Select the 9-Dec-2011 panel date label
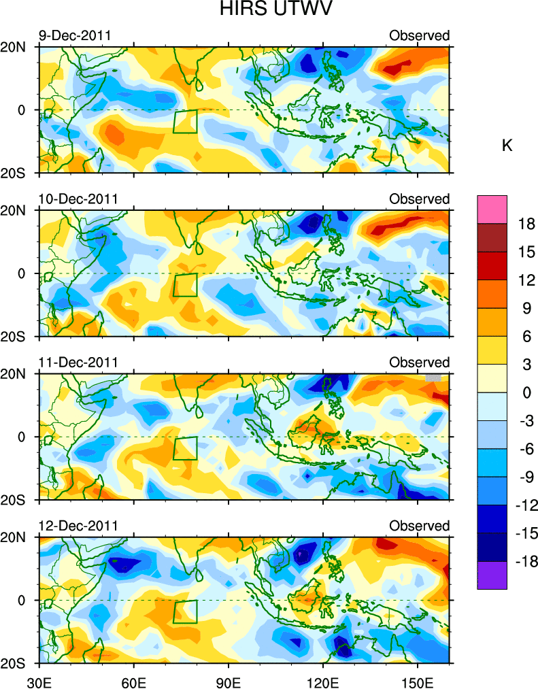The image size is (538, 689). point(74,35)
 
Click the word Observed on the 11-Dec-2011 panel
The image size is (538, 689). point(419,363)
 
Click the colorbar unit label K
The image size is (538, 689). point(507,146)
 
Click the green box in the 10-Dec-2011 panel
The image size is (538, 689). point(185,284)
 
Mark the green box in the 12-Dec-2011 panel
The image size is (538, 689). point(185,611)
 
